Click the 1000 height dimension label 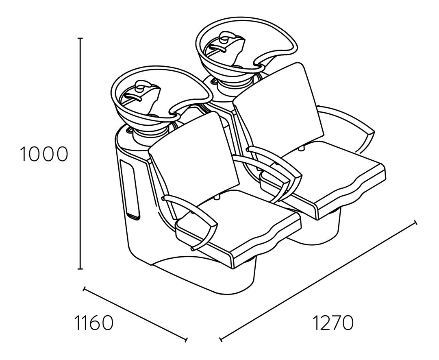(44, 154)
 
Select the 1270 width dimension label (333, 323)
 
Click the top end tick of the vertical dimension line (80, 38)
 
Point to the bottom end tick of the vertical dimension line (80, 269)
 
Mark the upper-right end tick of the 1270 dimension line (415, 223)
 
